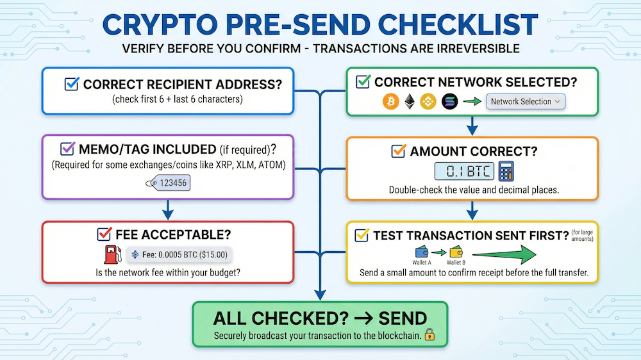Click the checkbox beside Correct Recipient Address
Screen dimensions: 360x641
tap(72, 85)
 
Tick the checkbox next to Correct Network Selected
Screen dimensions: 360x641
tap(363, 82)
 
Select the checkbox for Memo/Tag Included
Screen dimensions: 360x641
tap(67, 149)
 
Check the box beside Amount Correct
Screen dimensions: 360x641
tap(399, 151)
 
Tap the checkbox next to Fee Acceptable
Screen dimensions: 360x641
tap(103, 234)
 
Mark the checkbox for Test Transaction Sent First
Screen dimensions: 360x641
tap(362, 236)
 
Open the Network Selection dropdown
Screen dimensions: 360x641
tap(526, 101)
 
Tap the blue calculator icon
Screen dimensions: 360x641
tap(507, 171)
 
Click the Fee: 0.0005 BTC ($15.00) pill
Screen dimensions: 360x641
tap(178, 254)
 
